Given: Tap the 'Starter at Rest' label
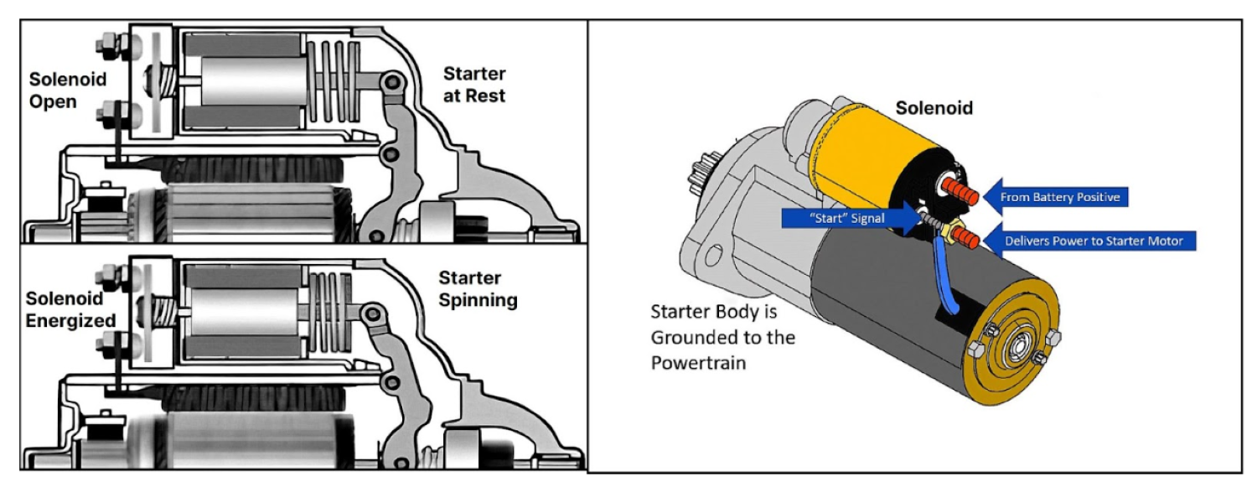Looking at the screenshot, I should tap(474, 85).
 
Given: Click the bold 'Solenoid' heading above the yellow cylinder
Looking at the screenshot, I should tap(934, 108).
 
